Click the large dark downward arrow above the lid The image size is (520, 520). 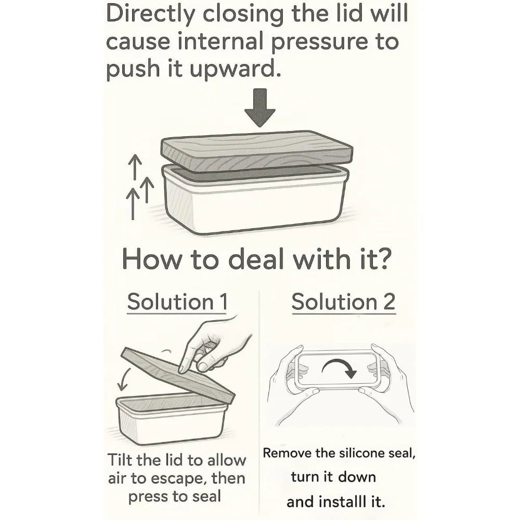click(259, 108)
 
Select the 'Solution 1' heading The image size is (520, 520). click(177, 302)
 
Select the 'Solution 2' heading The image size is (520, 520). click(344, 302)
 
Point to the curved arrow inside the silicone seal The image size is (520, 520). click(339, 367)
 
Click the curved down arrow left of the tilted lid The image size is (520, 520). click(124, 379)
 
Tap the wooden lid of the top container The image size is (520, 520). click(257, 151)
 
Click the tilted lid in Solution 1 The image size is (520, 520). click(177, 375)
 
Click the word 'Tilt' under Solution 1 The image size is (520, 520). click(120, 460)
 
